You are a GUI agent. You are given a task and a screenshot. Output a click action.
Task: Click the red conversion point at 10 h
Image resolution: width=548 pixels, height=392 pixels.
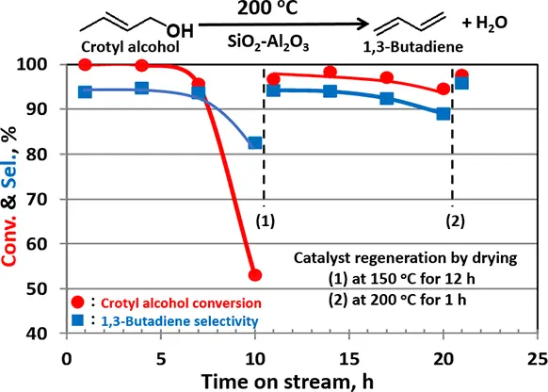click(255, 275)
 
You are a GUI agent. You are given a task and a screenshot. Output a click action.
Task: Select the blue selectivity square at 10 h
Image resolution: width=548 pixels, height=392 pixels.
click(255, 142)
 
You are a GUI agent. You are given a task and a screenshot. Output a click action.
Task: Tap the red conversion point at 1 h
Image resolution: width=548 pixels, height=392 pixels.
click(86, 65)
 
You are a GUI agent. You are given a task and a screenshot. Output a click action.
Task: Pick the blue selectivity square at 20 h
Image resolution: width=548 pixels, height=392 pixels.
click(443, 114)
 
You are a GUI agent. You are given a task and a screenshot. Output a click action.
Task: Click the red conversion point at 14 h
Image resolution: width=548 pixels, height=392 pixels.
click(330, 73)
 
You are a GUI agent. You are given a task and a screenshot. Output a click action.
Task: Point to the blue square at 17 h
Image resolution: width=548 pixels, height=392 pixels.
click(387, 98)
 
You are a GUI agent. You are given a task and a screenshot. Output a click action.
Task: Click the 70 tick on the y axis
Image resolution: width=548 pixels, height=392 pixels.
click(37, 200)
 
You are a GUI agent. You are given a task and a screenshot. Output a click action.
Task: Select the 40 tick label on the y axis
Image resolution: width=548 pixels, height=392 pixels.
click(37, 334)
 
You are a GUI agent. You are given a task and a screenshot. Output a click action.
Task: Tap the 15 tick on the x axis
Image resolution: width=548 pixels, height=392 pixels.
click(349, 359)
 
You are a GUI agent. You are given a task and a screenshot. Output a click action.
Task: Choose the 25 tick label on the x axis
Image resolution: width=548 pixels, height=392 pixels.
click(538, 359)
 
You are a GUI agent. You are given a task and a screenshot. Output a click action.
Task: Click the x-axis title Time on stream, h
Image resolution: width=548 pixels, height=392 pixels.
click(287, 382)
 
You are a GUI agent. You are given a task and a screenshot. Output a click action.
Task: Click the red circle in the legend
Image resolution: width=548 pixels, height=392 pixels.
click(77, 302)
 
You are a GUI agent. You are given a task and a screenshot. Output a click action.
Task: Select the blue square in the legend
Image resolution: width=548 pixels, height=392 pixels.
click(77, 320)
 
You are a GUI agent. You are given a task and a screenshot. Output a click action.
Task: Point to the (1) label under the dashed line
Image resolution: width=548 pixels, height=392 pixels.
click(266, 221)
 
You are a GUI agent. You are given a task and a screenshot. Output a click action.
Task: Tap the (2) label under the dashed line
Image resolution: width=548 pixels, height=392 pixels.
click(456, 221)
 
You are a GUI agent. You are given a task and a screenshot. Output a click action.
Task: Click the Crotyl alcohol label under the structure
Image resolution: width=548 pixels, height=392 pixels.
click(130, 47)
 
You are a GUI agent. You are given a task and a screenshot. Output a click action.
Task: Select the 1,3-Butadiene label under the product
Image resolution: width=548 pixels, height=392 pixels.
click(413, 47)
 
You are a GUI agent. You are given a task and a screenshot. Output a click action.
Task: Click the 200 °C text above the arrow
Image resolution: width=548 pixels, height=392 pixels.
click(267, 8)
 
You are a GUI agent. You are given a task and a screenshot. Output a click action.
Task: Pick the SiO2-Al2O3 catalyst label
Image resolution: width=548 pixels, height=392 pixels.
click(268, 43)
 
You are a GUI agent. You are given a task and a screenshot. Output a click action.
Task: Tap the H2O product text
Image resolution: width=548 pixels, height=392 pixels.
click(485, 24)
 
